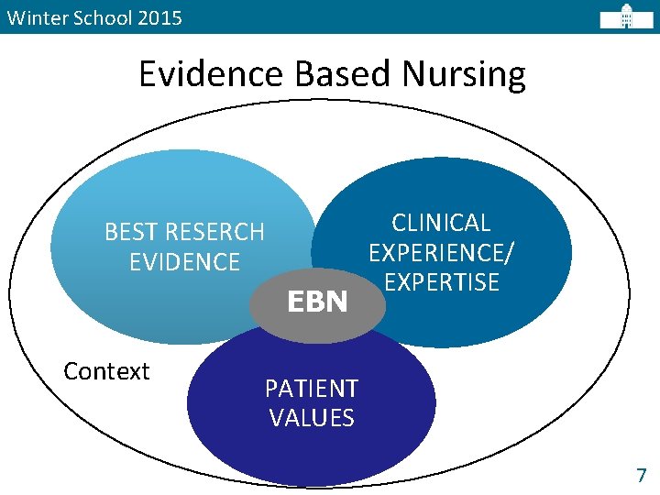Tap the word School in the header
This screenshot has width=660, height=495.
pos(100,17)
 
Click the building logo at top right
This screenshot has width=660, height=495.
pos(627,16)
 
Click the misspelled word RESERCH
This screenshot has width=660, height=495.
pos(217,232)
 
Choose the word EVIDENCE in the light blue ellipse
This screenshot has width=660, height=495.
pos(184,262)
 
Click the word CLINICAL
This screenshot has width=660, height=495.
pos(441,223)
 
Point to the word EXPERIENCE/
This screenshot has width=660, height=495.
pos(441,252)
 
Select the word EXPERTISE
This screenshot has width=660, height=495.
pos(442,281)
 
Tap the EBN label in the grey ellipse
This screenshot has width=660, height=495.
pos(318,302)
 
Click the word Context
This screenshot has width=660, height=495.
pos(106,371)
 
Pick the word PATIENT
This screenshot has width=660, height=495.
pos(312,389)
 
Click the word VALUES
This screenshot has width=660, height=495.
pos(312,418)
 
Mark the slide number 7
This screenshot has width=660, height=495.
pos(641,475)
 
